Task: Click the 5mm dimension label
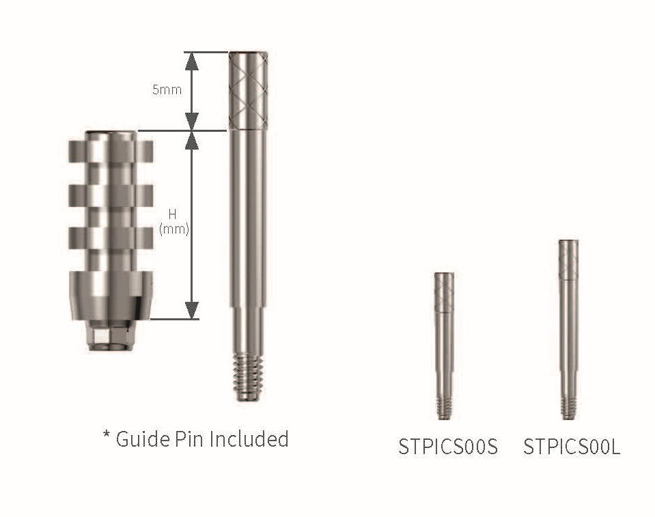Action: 165,89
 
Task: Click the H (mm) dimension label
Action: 173,223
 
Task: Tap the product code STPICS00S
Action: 448,447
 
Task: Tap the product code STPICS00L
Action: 572,447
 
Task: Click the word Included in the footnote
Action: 249,438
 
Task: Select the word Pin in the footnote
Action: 192,438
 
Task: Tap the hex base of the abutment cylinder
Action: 109,335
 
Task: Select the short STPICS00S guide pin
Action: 444,345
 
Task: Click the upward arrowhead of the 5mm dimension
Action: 193,61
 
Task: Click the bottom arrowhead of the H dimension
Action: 193,309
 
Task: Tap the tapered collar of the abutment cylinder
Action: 109,294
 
